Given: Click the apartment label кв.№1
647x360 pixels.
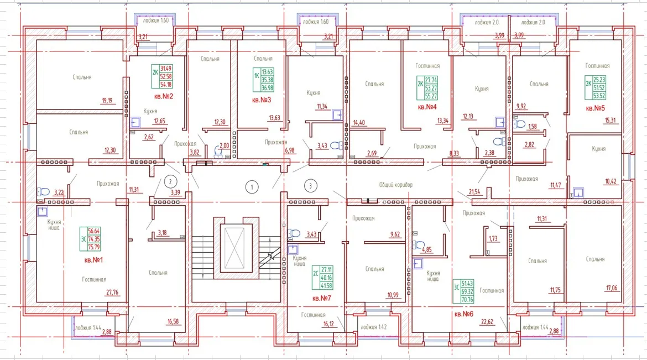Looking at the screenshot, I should coord(93,259).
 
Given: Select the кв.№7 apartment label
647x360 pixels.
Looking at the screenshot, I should coord(322,298).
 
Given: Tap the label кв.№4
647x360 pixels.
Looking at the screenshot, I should coord(427,107).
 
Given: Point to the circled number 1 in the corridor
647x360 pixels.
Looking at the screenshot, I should coord(252,187).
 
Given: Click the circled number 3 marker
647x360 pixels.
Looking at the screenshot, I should coord(311,185).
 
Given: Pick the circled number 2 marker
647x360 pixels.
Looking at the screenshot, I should coord(171,181).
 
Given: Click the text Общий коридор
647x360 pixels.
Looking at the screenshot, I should coord(395,184).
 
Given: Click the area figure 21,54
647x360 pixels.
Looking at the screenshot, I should coord(474,191).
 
